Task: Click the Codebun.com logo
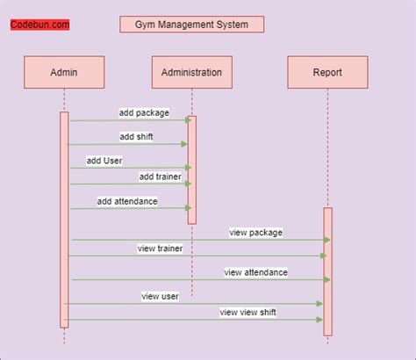click(x=39, y=25)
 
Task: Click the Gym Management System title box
click(x=191, y=25)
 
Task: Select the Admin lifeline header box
click(x=64, y=72)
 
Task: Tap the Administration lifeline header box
click(x=191, y=72)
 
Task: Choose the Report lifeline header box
click(x=327, y=72)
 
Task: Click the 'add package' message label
click(x=144, y=113)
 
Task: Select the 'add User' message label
click(x=104, y=160)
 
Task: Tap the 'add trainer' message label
click(x=159, y=176)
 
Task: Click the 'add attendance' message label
click(x=127, y=201)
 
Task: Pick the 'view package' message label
click(x=256, y=233)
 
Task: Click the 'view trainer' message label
click(x=159, y=248)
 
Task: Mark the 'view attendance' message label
click(x=255, y=272)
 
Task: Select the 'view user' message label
click(x=160, y=296)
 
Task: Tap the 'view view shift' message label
click(x=254, y=312)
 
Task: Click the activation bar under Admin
click(x=64, y=220)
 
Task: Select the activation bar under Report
click(x=327, y=271)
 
